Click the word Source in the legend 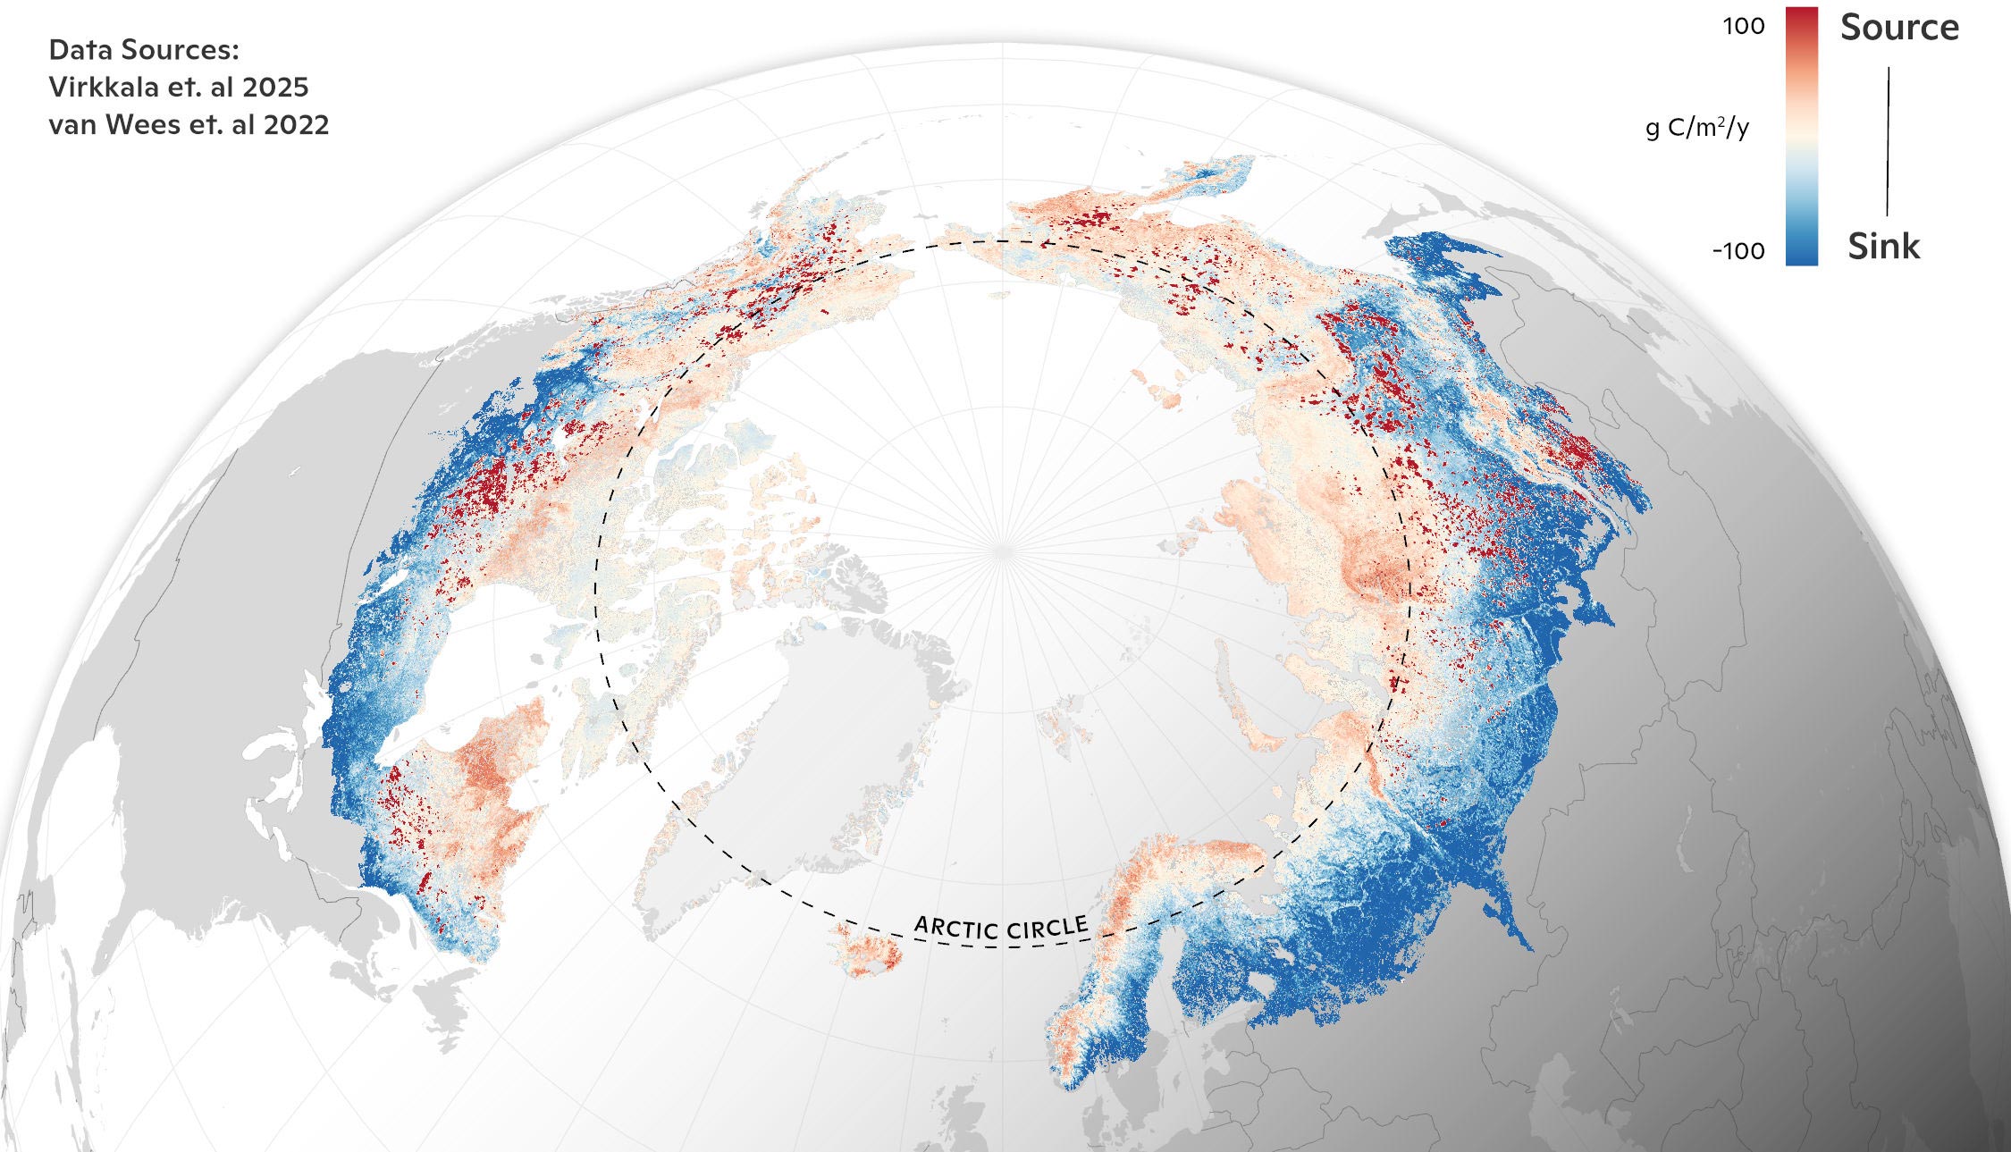click(1899, 29)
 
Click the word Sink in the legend click(1883, 247)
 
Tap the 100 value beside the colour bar click(1744, 27)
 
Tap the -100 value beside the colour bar click(1738, 251)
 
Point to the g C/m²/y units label click(1697, 129)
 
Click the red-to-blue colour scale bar click(1801, 136)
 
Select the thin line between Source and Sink click(1888, 141)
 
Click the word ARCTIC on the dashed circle click(955, 927)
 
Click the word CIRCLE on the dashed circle click(1048, 929)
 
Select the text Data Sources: click(144, 50)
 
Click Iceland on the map click(867, 952)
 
